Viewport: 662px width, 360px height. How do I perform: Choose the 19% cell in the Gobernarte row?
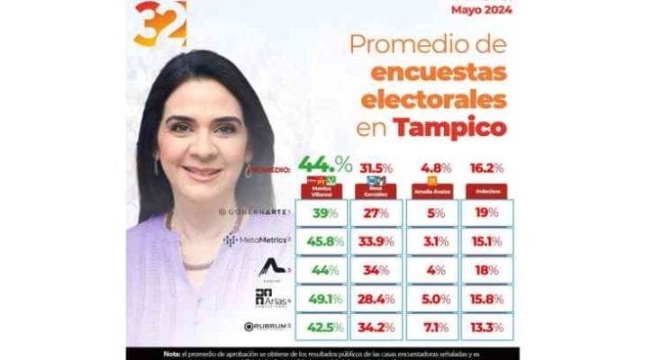485,212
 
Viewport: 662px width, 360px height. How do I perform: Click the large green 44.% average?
324,165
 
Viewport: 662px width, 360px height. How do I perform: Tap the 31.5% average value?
376,167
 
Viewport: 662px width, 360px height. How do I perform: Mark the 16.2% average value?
485,167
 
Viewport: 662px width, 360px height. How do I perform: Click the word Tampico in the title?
453,127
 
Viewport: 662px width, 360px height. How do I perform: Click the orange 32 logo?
159,23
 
